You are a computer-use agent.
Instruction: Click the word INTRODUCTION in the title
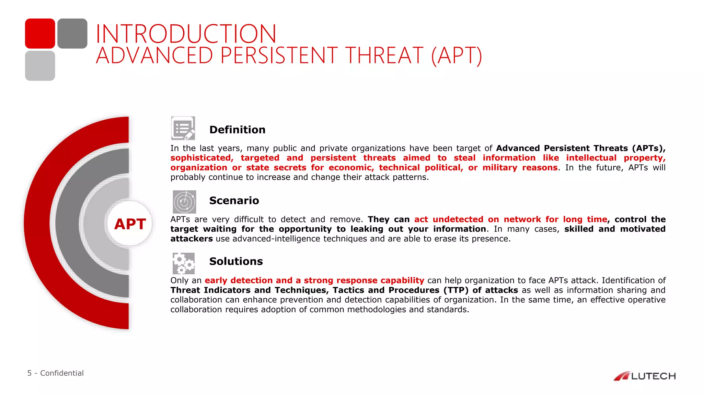186,34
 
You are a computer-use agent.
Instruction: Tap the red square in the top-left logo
40,34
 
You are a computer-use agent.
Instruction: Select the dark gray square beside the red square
72,34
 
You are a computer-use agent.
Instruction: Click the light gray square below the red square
40,66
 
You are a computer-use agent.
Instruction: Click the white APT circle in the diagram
130,224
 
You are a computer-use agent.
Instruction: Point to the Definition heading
237,130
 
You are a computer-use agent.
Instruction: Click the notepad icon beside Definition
183,128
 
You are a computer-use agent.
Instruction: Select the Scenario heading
234,200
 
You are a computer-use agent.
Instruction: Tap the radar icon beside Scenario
184,202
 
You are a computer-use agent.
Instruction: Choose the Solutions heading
236,261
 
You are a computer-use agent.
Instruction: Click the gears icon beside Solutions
184,263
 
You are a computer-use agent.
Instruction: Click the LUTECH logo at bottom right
645,376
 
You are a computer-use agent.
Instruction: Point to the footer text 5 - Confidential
55,373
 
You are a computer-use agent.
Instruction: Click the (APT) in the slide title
457,56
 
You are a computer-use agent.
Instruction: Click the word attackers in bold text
191,239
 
